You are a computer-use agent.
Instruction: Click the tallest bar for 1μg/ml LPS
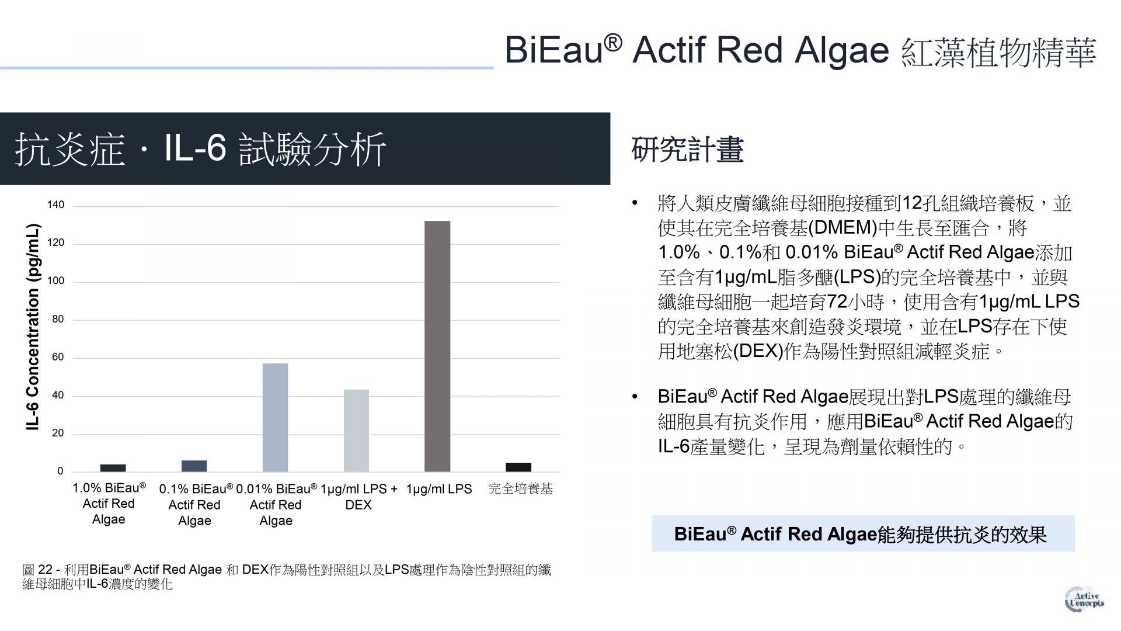click(437, 346)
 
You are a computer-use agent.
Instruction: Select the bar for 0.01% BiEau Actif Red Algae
click(275, 417)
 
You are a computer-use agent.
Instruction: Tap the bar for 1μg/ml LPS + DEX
click(356, 431)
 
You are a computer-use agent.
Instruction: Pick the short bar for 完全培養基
click(518, 467)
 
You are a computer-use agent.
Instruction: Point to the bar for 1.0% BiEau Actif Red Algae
click(113, 468)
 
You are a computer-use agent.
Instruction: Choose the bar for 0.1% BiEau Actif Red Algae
click(194, 466)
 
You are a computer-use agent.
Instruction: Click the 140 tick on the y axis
click(56, 205)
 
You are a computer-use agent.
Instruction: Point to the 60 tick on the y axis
click(58, 358)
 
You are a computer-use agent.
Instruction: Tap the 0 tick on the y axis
click(60, 471)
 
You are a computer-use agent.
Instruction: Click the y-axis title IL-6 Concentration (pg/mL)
click(33, 327)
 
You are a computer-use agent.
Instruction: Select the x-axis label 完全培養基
click(520, 488)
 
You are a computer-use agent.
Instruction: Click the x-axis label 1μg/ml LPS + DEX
click(358, 497)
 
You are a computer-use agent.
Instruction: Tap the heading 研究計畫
click(687, 150)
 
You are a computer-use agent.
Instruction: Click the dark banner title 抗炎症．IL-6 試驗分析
click(200, 149)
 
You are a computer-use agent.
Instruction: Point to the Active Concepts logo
click(1084, 599)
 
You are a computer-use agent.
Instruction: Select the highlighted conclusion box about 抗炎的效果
click(863, 533)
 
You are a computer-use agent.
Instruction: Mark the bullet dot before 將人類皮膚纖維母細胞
click(635, 204)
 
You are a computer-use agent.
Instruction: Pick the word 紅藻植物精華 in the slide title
click(999, 51)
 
